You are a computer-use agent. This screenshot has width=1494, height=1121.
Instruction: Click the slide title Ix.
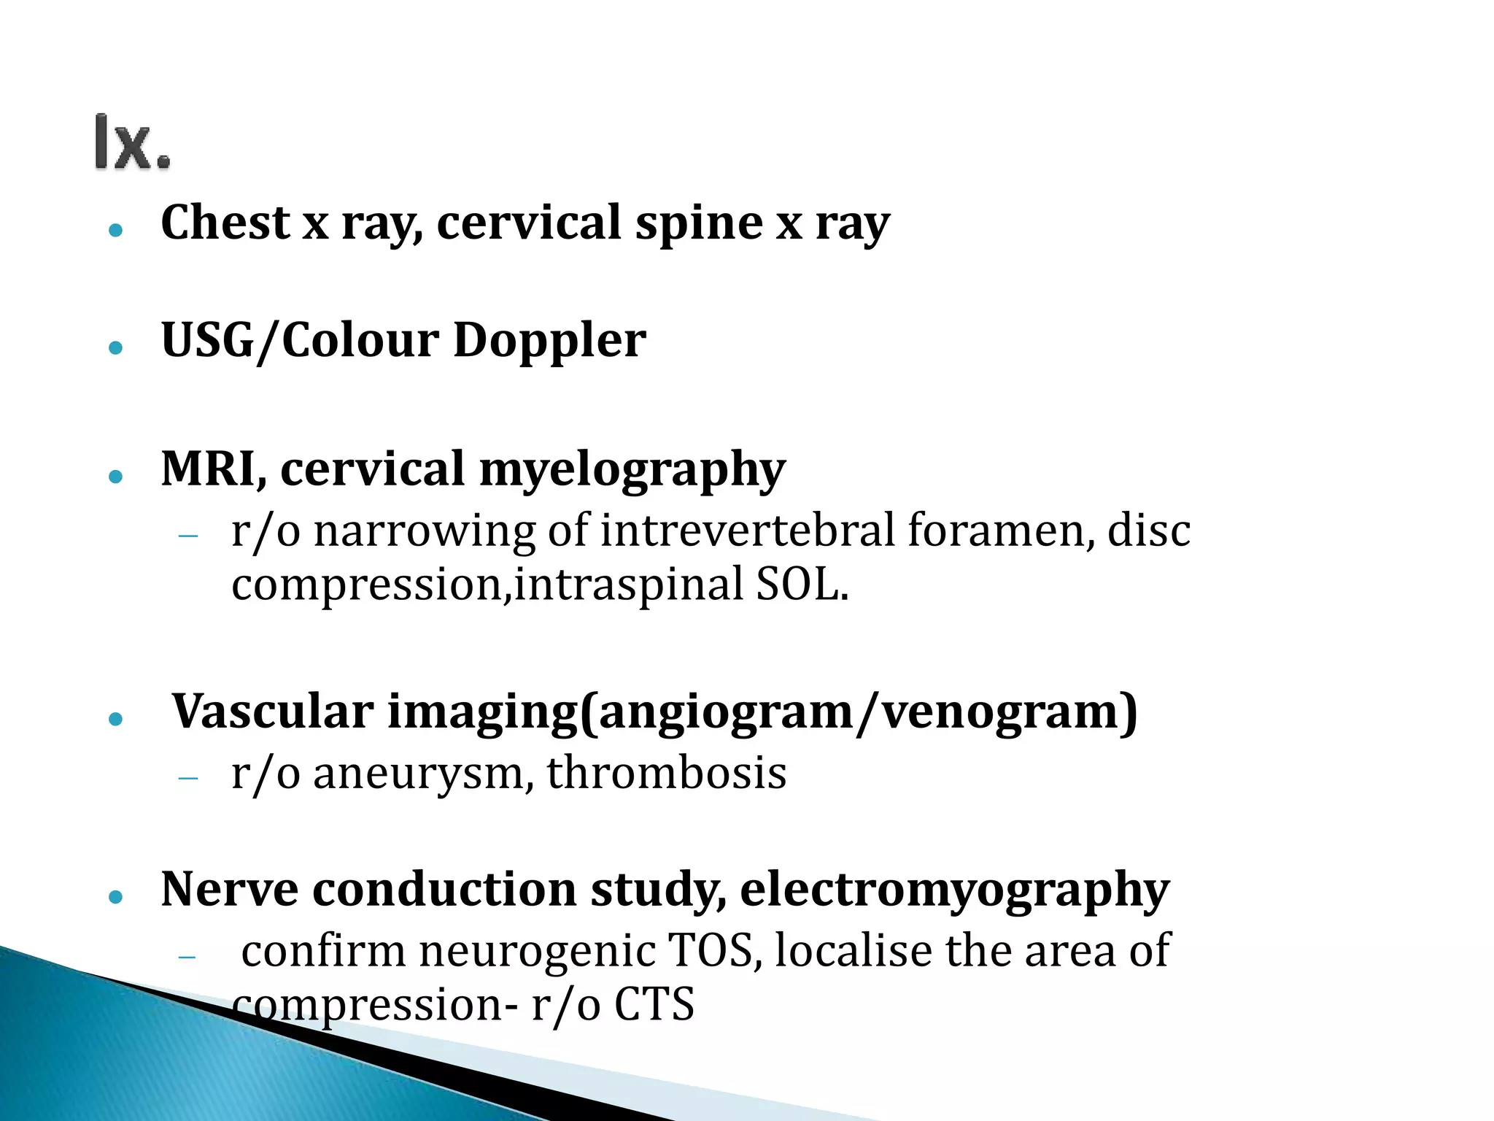tap(133, 143)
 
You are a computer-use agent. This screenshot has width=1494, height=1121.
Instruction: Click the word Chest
tap(225, 223)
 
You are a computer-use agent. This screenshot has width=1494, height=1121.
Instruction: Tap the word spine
tap(698, 223)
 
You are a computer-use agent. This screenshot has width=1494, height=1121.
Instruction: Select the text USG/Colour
tap(300, 341)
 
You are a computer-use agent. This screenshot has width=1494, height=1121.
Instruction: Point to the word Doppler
tap(549, 341)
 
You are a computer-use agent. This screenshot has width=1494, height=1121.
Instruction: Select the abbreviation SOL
tap(802, 585)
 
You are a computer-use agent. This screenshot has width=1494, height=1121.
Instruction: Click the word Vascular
tap(273, 712)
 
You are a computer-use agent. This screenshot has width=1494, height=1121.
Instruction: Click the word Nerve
tap(229, 890)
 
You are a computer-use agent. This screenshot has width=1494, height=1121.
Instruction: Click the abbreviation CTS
tap(654, 1005)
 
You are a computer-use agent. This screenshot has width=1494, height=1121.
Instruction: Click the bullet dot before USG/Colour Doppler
tap(115, 347)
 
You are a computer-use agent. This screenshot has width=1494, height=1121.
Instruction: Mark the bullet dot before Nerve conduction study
tap(115, 897)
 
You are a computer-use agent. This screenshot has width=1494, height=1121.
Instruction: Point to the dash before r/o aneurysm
tap(188, 779)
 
